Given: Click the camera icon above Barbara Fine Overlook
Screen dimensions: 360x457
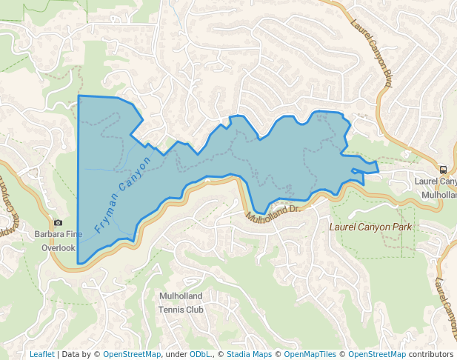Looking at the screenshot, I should click(59, 222).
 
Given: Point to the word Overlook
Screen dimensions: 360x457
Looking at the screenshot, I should click(58, 248).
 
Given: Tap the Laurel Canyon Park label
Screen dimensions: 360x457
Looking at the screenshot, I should click(370, 227).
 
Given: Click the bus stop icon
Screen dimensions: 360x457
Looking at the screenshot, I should click(442, 169).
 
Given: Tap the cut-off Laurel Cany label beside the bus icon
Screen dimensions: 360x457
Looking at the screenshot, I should click(436, 181).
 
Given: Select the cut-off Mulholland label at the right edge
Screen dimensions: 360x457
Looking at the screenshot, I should click(438, 194).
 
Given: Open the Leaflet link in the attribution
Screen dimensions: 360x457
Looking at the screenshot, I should click(41, 354).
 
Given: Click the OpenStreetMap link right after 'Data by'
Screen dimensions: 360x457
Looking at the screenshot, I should click(131, 354).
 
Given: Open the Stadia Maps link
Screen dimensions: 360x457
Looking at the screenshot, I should click(249, 354).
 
